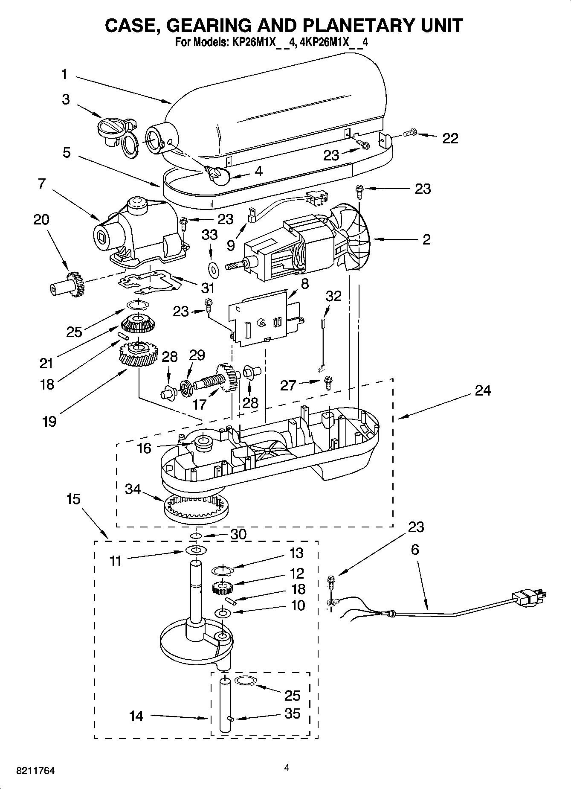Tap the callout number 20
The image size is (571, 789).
click(41, 220)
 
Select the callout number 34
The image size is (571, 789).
click(133, 489)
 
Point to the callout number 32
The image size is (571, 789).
click(333, 296)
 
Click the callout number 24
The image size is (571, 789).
click(483, 390)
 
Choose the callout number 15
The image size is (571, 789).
click(73, 499)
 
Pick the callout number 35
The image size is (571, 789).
click(292, 713)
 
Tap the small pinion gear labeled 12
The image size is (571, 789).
click(221, 588)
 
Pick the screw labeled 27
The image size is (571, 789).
click(328, 382)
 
